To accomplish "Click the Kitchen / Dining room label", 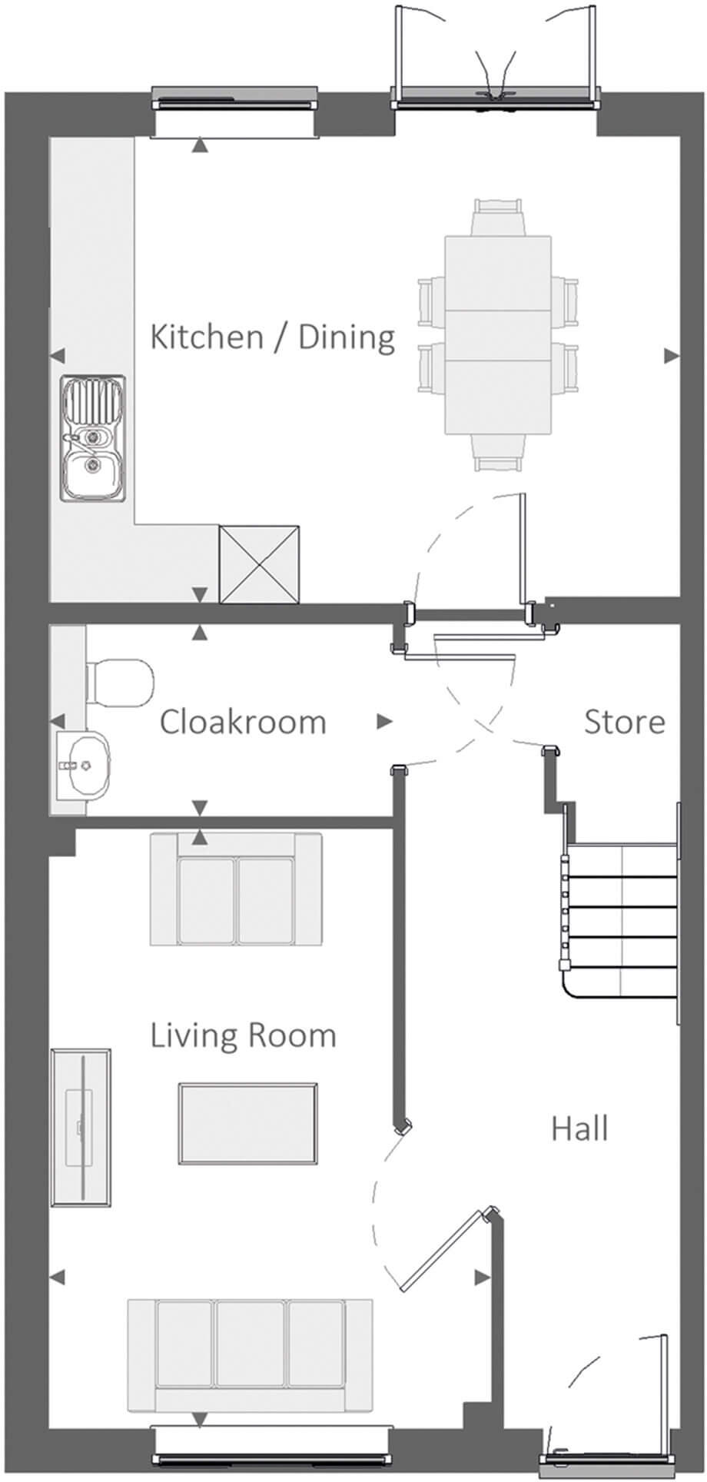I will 273,337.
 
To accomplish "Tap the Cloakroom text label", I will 243,722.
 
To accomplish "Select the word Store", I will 624,722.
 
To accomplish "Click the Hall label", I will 579,1128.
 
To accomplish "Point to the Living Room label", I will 243,1035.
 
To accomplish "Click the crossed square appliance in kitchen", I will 259,564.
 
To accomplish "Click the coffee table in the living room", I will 248,1123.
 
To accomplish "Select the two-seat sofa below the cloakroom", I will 236,889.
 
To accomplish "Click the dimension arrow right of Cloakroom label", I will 383,722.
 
